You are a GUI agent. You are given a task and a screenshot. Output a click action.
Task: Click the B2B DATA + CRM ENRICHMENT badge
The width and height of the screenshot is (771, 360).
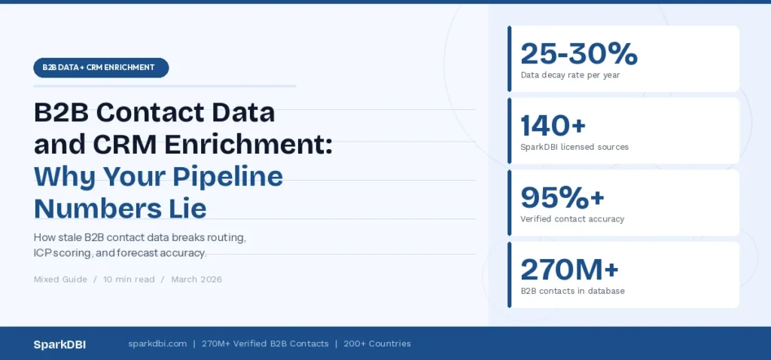(101, 68)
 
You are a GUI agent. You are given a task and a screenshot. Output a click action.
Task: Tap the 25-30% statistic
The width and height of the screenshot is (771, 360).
(579, 53)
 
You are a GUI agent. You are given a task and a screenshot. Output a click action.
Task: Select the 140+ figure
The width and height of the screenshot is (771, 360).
(553, 125)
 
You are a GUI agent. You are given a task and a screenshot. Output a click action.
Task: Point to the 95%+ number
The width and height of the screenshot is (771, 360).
(562, 197)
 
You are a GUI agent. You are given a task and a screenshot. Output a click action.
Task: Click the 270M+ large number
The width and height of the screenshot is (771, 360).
(570, 269)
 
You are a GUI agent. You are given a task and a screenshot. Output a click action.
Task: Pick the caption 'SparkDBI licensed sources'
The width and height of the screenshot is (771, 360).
(574, 147)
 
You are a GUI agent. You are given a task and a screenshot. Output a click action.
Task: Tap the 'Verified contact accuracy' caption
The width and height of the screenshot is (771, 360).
(572, 219)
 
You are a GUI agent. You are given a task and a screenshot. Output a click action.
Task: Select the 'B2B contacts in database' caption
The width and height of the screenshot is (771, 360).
(572, 291)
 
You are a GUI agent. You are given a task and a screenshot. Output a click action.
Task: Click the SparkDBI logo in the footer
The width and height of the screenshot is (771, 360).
(59, 344)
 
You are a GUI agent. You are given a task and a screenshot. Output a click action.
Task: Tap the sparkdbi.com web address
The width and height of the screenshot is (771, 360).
(157, 344)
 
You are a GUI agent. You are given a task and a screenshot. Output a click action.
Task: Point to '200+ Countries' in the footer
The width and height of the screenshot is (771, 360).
(377, 344)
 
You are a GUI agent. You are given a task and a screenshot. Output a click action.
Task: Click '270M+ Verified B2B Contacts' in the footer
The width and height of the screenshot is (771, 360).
(265, 344)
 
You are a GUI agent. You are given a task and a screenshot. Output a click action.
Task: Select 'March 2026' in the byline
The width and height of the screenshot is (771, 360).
(197, 279)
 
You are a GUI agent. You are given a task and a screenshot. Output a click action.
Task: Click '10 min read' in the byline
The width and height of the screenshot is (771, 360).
(129, 279)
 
